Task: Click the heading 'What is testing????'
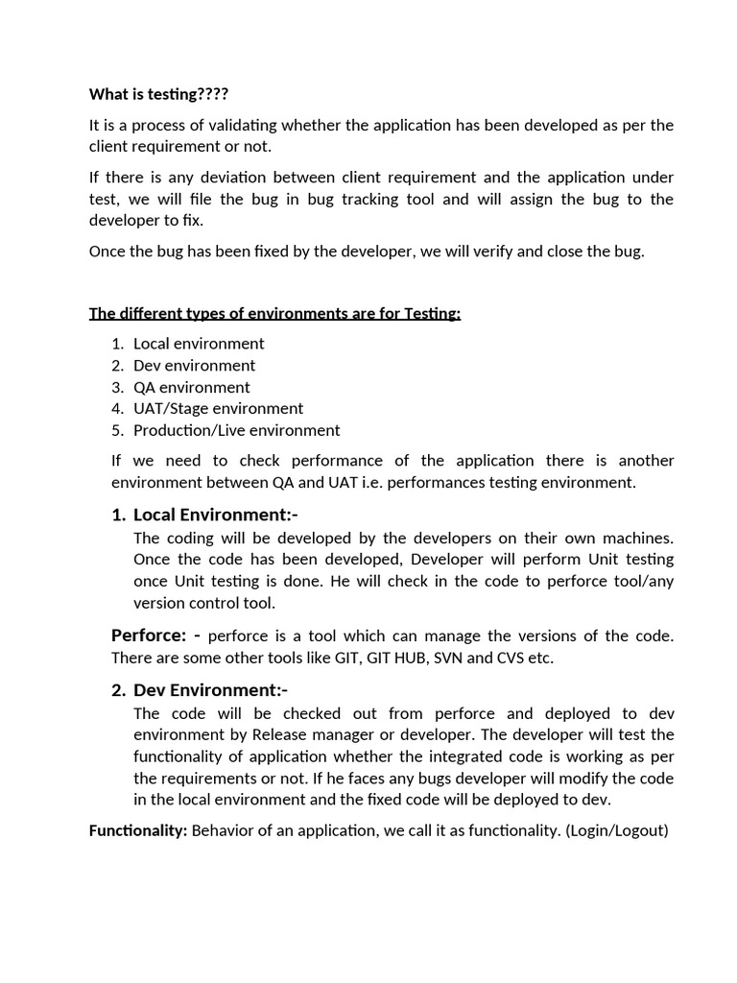159,94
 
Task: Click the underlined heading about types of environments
274,314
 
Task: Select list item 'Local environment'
199,344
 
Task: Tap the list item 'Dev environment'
194,366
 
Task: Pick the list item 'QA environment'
191,388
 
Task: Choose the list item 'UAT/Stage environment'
218,409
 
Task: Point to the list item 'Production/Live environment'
236,431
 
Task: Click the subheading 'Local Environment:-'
215,515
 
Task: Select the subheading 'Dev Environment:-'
210,690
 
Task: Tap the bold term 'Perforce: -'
155,635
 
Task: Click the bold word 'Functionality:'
138,830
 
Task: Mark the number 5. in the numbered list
117,431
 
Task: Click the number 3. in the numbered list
117,388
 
